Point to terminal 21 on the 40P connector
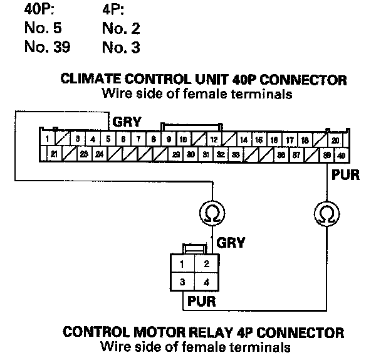(x=54, y=154)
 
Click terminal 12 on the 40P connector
(x=214, y=139)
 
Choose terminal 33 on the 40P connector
(x=235, y=154)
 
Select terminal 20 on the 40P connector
(x=335, y=139)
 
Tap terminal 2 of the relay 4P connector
(x=204, y=263)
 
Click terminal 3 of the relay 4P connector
(x=182, y=282)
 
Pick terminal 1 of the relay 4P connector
(x=182, y=263)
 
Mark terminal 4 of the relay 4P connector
(x=204, y=282)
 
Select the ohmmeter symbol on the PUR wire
(x=325, y=215)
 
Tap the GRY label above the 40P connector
(x=127, y=120)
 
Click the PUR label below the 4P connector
(x=202, y=301)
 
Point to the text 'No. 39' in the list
(x=47, y=47)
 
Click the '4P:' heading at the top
(x=113, y=11)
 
